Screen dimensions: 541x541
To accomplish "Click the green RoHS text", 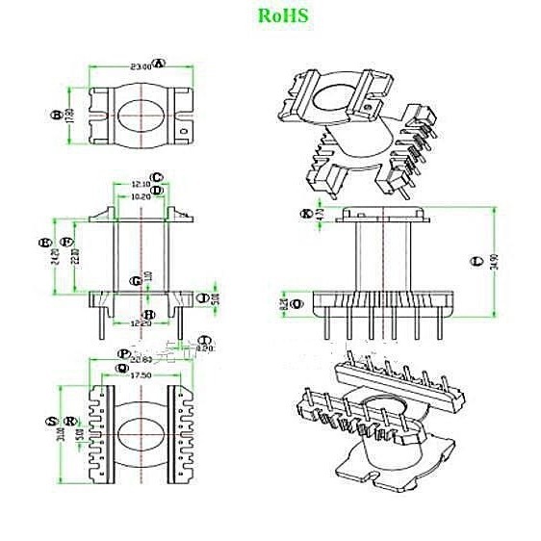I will pyautogui.click(x=282, y=16).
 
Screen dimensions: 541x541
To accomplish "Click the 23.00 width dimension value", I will pyautogui.click(x=140, y=67).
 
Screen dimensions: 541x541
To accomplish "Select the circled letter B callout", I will pyautogui.click(x=56, y=116).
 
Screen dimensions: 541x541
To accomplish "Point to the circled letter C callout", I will pyautogui.click(x=157, y=177).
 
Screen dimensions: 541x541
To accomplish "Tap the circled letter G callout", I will pyautogui.click(x=137, y=280).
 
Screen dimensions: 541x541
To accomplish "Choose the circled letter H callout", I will pyautogui.click(x=149, y=314).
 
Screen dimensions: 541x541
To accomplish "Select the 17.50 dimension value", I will pyautogui.click(x=141, y=375).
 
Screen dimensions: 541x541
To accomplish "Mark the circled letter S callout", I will pyautogui.click(x=50, y=422).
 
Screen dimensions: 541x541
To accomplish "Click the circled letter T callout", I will pyautogui.click(x=205, y=340).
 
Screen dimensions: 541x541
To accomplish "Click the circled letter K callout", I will pyautogui.click(x=307, y=213).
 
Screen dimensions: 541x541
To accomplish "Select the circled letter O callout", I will pyautogui.click(x=295, y=303).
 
